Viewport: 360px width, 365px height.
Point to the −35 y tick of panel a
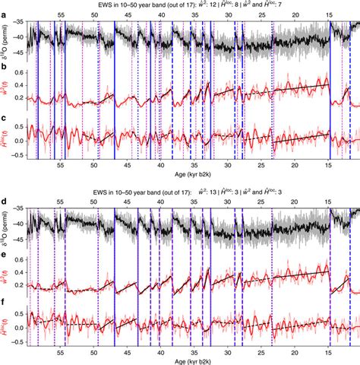24,23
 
